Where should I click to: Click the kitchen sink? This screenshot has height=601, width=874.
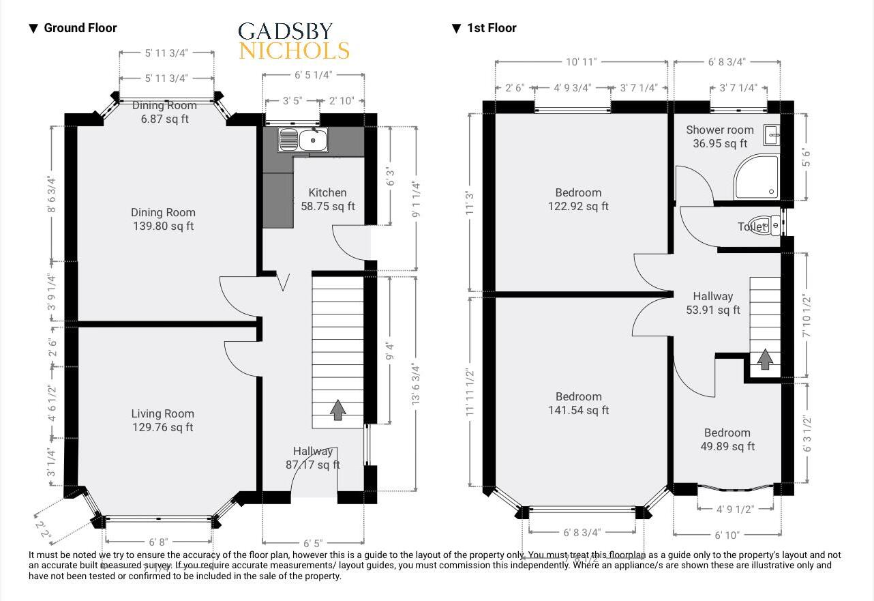[x=303, y=141]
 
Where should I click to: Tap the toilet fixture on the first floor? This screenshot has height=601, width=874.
[x=773, y=225]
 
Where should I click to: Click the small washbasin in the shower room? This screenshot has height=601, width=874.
[x=772, y=135]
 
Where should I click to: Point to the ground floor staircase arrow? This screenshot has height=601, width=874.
[x=337, y=411]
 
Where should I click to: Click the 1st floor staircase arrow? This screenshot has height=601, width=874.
[x=765, y=359]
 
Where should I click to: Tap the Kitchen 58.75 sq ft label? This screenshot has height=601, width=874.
[x=328, y=199]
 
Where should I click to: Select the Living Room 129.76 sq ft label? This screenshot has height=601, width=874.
[x=162, y=420]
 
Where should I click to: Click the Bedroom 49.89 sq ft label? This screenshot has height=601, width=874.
[x=727, y=440]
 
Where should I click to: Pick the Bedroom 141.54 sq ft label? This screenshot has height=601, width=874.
[x=578, y=403]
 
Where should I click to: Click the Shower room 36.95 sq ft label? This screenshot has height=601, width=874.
[x=719, y=136]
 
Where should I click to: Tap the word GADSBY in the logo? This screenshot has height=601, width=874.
[x=285, y=31]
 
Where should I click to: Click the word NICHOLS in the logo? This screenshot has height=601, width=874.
[x=294, y=51]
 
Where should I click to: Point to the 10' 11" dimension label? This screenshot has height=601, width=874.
[x=581, y=62]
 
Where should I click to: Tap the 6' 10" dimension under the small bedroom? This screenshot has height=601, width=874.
[x=727, y=536]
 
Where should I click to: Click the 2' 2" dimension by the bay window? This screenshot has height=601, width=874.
[x=43, y=527]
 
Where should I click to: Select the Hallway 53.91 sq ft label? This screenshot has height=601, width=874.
[x=712, y=303]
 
